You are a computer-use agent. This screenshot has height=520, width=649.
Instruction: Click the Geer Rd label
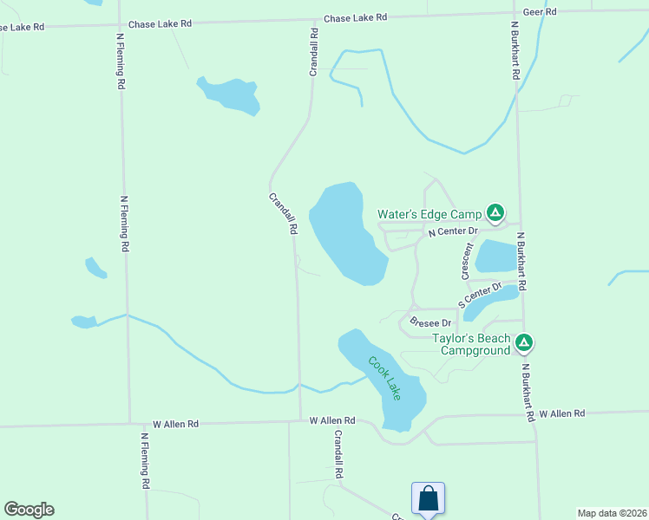click(x=539, y=11)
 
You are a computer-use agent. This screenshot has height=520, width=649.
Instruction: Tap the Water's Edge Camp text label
click(x=429, y=214)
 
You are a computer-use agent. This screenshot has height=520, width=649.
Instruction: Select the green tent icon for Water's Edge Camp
click(x=495, y=211)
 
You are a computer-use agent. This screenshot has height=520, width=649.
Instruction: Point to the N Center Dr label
click(x=453, y=231)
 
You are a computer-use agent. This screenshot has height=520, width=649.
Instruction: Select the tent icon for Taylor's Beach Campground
click(x=523, y=344)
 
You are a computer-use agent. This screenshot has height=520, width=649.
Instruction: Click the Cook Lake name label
click(x=384, y=378)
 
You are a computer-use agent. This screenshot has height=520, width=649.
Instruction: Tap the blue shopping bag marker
click(x=429, y=499)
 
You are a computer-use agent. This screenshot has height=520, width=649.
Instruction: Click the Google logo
click(x=29, y=510)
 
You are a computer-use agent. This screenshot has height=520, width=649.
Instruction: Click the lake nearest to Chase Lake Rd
click(x=230, y=94)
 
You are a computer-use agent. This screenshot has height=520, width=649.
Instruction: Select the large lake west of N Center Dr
click(x=345, y=232)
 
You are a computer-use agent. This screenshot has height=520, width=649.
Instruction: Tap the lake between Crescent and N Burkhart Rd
click(x=495, y=256)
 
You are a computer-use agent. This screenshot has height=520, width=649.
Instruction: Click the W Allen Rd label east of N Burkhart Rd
click(x=561, y=414)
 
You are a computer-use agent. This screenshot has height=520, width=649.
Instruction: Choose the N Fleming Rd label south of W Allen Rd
click(x=146, y=458)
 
